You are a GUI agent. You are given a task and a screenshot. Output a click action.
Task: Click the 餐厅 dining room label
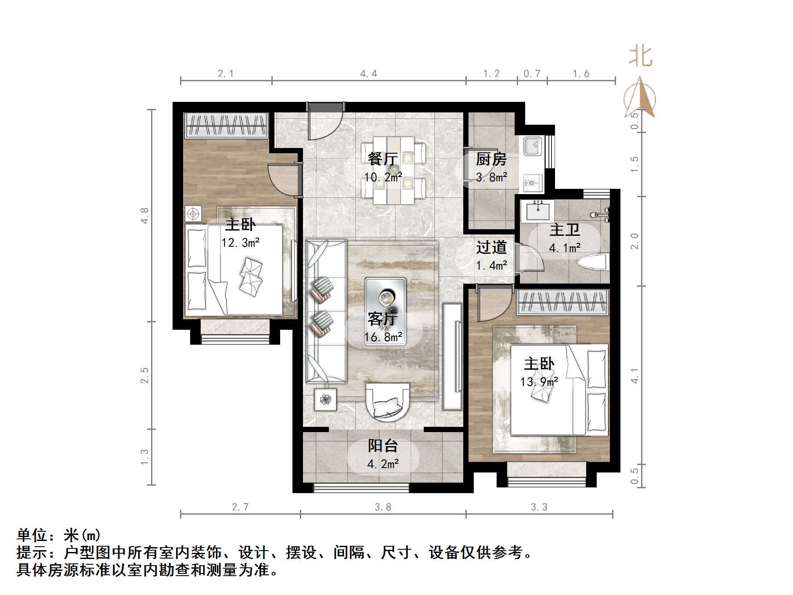point(383,159)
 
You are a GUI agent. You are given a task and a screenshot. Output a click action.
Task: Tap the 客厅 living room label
point(383,318)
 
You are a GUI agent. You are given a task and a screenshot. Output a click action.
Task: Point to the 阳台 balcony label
point(383,446)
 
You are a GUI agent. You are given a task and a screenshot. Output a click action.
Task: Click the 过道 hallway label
point(491,247)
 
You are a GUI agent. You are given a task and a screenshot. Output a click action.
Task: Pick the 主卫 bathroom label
point(565,230)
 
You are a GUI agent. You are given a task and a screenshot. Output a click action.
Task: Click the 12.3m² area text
point(241,242)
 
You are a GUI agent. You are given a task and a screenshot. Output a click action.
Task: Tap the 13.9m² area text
point(539,382)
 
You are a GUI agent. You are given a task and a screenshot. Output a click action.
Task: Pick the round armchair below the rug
point(387,401)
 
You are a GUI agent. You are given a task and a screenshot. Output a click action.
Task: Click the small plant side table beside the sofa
point(325,399)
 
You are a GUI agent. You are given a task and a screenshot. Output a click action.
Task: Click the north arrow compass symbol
point(640,97)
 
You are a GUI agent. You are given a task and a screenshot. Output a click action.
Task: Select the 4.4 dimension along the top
point(368,73)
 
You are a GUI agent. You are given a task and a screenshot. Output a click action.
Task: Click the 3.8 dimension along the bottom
point(382,507)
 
